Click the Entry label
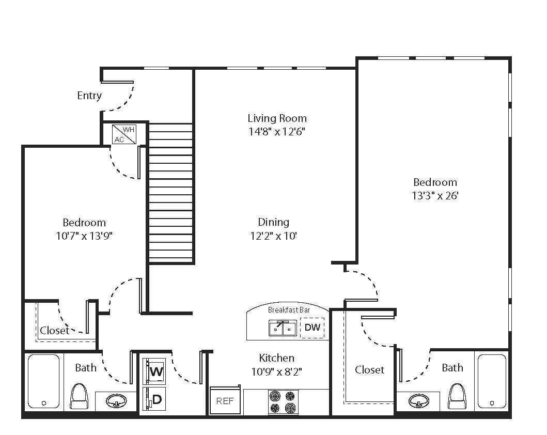pos(89,96)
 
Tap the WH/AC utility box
pos(124,134)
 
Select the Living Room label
pos(277,118)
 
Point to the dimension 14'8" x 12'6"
pos(277,132)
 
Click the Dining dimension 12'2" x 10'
pos(274,236)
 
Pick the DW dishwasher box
pos(312,328)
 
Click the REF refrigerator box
pos(225,401)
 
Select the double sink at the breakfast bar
pos(283,328)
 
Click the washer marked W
pos(154,370)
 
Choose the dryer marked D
pos(154,399)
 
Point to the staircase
pos(170,194)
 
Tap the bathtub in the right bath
pos(492,381)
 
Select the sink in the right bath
pos(418,401)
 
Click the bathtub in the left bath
pos(43,381)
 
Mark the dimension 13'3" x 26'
pos(435,196)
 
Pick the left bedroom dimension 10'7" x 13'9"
pos(84,236)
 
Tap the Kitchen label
pos(276,358)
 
